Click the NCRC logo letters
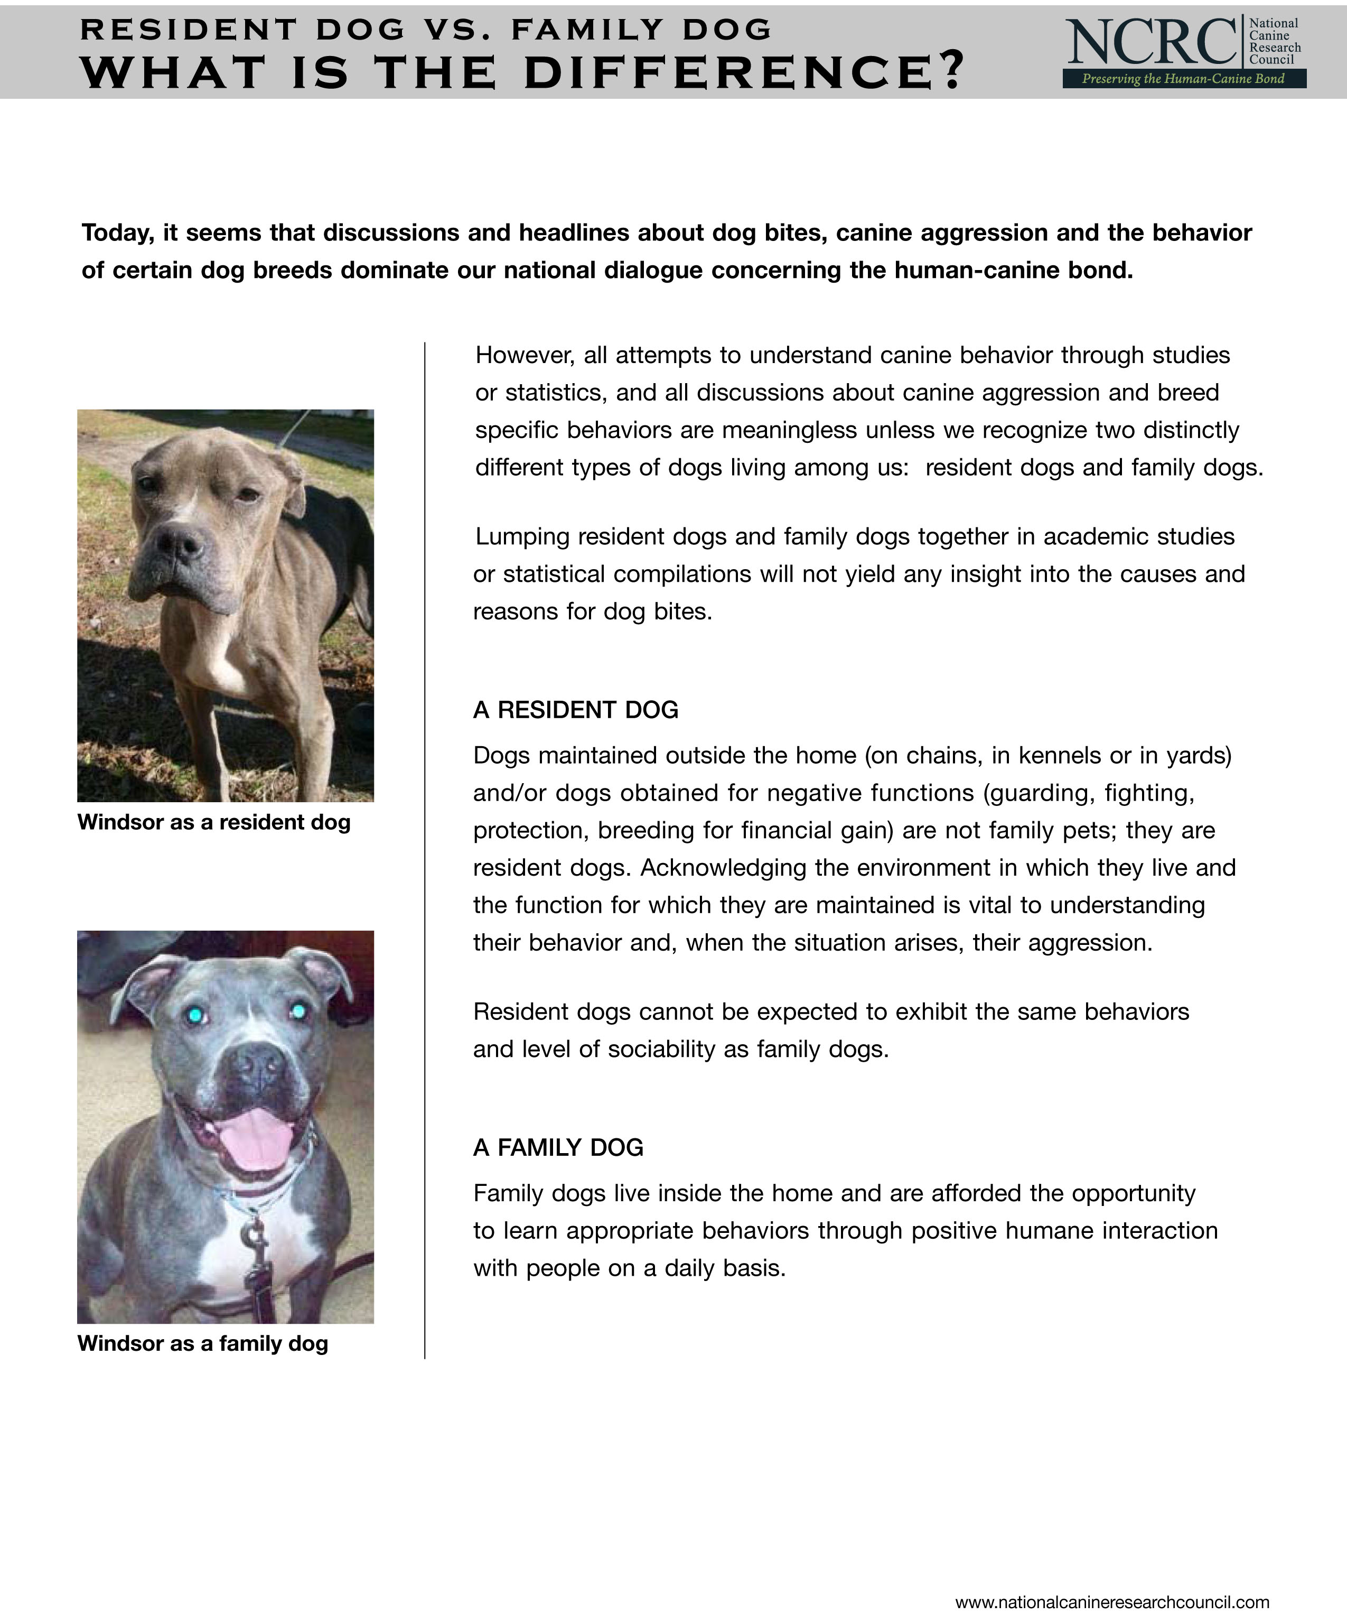(1151, 42)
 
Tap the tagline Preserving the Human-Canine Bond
(1183, 78)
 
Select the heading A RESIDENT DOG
(576, 710)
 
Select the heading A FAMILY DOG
(558, 1147)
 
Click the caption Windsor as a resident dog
(214, 822)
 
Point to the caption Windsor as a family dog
(203, 1343)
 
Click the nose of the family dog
(258, 1065)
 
